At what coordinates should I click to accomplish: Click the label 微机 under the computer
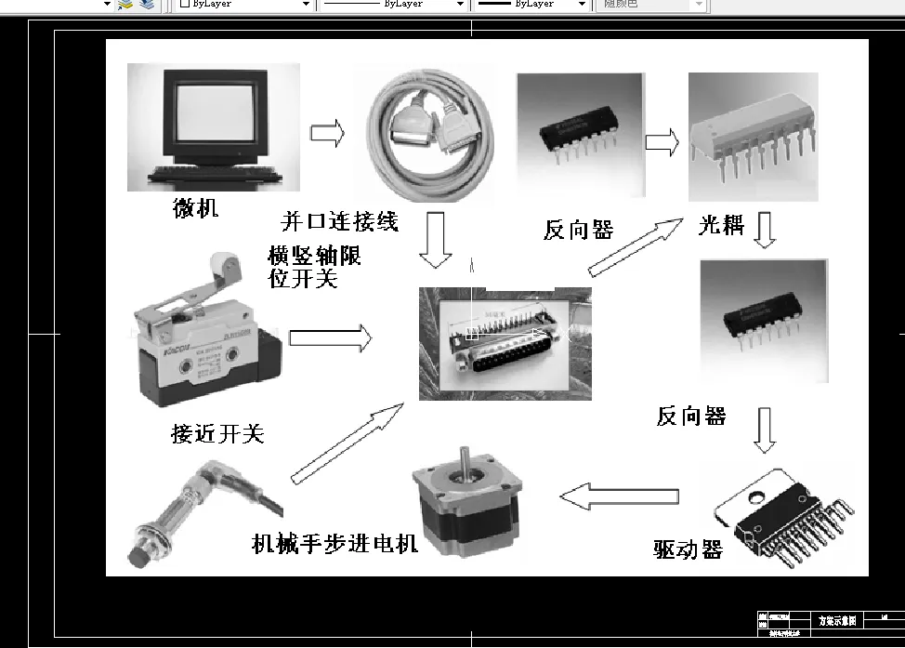[x=196, y=208]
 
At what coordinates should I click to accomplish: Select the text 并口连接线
[x=339, y=222]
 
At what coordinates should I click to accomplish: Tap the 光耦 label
[x=721, y=225]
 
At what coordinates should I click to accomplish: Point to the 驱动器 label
[x=688, y=549]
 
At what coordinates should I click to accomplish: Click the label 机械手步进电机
[x=335, y=543]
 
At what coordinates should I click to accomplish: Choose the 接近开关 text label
[x=217, y=433]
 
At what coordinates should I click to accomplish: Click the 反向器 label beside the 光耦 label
[x=578, y=230]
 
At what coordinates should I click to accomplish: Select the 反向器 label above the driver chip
[x=691, y=417]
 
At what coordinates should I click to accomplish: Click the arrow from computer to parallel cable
[x=326, y=134]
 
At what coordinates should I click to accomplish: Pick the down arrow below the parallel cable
[x=435, y=240]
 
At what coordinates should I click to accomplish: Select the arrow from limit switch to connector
[x=330, y=338]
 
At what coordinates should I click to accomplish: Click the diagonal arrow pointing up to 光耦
[x=636, y=247]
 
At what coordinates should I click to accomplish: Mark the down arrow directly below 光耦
[x=764, y=231]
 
